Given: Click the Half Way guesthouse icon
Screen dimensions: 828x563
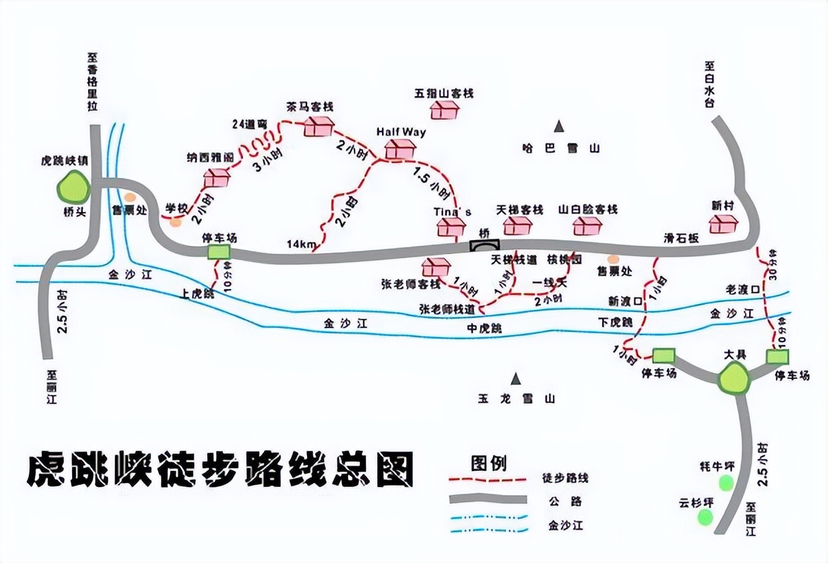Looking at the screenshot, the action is point(401,149).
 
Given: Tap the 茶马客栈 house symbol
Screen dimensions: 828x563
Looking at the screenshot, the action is point(318,125).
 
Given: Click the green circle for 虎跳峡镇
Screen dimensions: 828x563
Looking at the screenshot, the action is point(73,187).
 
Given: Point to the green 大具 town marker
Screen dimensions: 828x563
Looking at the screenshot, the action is point(734,379).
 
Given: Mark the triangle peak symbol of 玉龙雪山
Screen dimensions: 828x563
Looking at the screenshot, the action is point(515,379).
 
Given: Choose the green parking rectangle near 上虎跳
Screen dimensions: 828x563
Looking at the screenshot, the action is point(218,251).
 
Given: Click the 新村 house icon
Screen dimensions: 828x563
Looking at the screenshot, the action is point(723,223).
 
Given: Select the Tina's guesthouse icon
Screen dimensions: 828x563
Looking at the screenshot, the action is point(451,227).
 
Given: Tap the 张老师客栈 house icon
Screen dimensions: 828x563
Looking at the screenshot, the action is point(436,267).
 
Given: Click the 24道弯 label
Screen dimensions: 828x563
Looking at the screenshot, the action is point(250,123).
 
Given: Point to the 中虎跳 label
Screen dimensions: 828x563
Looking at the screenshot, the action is point(484,329).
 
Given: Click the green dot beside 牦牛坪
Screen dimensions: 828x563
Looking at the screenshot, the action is point(725,483).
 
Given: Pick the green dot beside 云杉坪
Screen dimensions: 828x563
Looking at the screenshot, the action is point(705,516).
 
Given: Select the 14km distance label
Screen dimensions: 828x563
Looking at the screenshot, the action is point(302,244).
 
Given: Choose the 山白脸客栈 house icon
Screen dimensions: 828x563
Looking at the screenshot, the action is point(588,226).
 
